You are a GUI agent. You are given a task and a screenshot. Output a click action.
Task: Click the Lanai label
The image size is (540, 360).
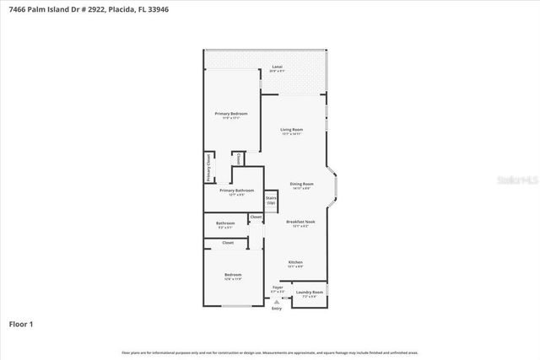coord(277,67)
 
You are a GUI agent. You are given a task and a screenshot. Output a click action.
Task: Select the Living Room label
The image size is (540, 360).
coord(292,129)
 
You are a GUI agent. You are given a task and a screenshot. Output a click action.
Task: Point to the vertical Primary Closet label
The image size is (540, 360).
coord(208,166)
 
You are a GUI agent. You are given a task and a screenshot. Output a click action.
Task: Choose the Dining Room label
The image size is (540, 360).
coord(302,184)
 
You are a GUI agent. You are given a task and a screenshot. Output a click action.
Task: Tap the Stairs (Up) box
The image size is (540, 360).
coord(271,201)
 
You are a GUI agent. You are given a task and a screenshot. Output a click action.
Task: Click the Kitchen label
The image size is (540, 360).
coord(295,262)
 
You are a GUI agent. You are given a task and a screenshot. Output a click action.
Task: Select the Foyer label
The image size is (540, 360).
coord(277,287)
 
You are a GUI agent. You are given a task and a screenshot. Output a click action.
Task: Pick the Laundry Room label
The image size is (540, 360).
coord(309,293)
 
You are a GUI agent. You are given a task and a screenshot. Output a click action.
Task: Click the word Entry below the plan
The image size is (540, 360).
coord(277,309)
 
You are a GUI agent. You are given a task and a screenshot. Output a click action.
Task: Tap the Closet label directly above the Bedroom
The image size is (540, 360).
coord(228,243)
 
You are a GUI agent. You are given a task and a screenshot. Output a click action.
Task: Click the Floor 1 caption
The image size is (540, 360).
coord(21,324)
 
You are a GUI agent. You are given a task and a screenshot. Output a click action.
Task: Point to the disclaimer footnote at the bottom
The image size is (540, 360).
coord(270,352)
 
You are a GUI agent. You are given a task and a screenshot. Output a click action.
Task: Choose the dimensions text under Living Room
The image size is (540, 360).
coord(292,134)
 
